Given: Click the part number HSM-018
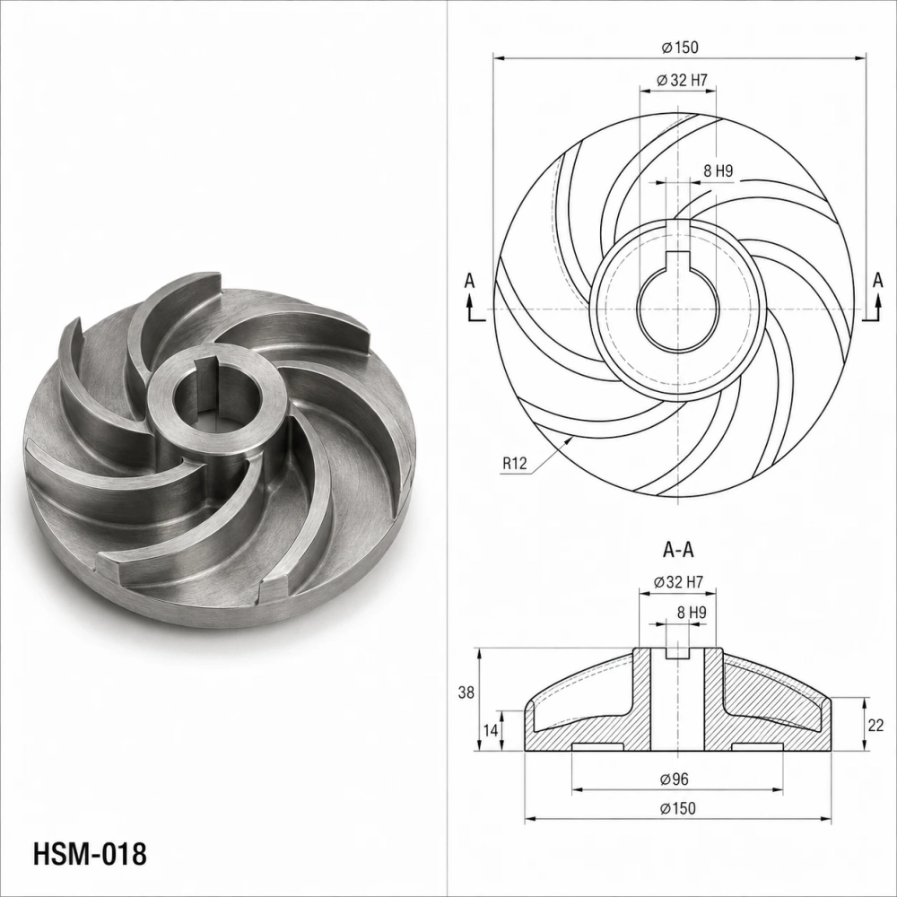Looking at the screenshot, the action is click(90, 854).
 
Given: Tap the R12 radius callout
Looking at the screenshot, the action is click(514, 463).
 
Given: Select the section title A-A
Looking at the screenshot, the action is click(678, 550).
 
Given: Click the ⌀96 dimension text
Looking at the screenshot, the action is click(675, 779).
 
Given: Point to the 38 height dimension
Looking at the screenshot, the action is click(466, 692).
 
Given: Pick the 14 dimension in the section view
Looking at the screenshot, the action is click(491, 730).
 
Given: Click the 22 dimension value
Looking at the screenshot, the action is click(875, 725).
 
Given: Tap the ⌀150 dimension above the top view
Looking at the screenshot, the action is click(680, 47).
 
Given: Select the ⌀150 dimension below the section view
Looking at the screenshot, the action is click(678, 808).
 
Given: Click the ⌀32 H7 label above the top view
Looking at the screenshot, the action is click(683, 80).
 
